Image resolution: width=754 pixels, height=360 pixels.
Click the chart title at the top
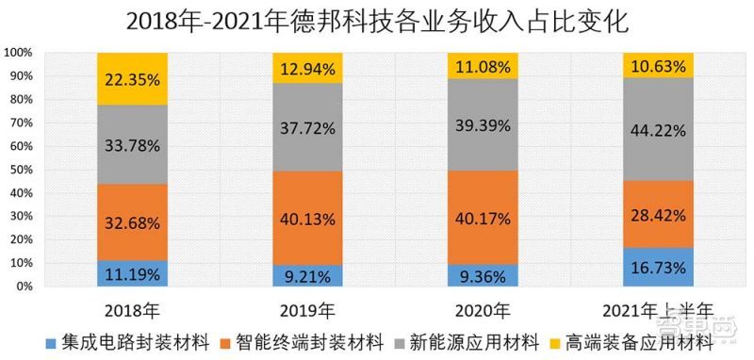coord(377,21)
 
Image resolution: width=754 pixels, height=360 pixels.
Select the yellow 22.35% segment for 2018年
coord(132,78)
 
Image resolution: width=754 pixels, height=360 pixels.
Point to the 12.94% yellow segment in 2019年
coord(308,67)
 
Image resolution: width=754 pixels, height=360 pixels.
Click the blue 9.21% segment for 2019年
coord(308,275)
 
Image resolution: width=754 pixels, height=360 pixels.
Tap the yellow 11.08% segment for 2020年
coord(483,65)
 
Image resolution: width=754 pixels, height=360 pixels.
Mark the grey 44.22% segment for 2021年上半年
coord(658,130)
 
